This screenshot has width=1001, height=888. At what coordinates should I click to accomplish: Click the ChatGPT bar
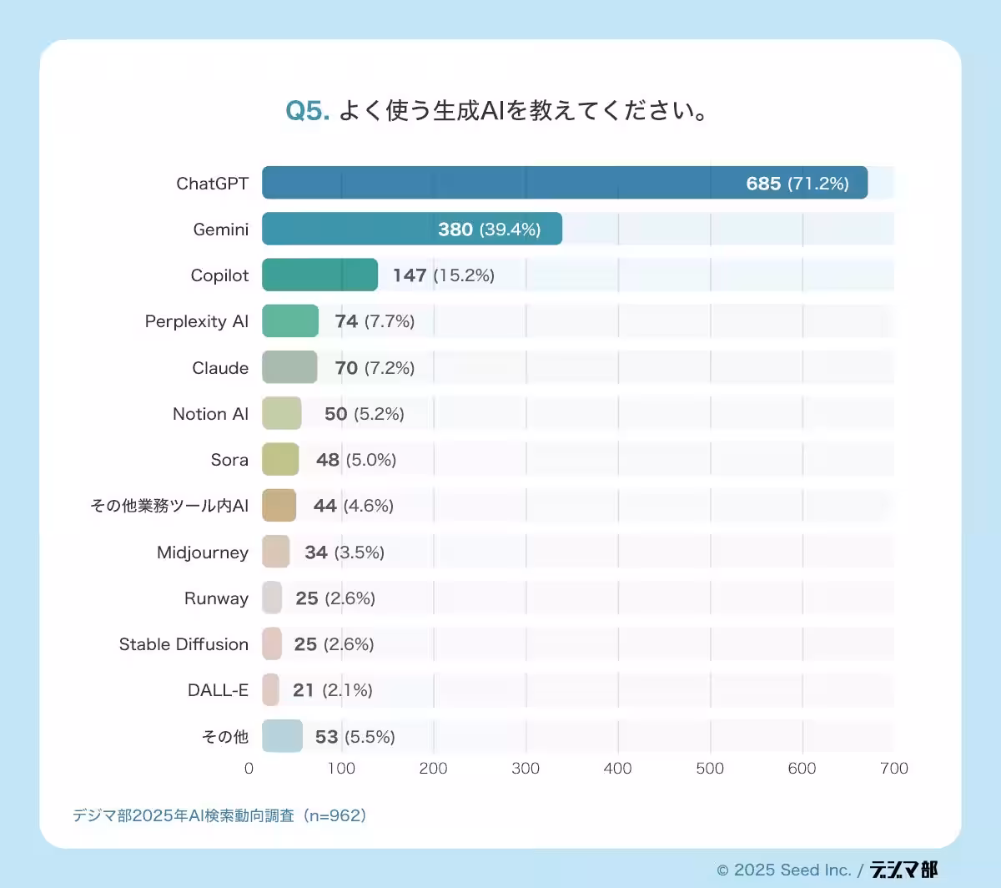pos(564,183)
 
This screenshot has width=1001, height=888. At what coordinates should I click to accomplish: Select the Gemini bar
pos(411,229)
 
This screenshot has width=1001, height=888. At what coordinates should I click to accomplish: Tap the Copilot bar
pos(319,275)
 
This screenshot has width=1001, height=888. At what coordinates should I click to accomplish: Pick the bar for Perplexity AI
pos(290,321)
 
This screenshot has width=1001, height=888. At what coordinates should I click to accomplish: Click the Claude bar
pos(289,367)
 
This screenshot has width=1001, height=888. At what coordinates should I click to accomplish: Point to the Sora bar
pos(280,459)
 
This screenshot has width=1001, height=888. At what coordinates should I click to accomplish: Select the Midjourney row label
pos(203,552)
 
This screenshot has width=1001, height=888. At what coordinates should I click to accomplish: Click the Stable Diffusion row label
pos(184,644)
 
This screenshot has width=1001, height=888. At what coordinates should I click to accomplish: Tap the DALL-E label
pos(218,690)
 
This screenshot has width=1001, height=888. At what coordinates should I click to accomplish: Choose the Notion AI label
pos(210,414)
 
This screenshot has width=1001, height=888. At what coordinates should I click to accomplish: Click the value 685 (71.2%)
pos(797,184)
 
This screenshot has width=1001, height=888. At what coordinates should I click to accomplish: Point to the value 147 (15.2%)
pos(443,275)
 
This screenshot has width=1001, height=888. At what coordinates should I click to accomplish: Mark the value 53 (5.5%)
pos(355,737)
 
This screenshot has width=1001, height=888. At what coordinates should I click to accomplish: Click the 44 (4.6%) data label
pos(353,506)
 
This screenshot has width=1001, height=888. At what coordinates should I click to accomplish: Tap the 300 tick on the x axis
pos(526,768)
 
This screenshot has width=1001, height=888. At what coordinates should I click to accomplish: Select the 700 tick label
pos(893,768)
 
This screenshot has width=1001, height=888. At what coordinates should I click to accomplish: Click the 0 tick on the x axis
pos(249,768)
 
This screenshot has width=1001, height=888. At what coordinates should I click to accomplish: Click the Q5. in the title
pos(308,111)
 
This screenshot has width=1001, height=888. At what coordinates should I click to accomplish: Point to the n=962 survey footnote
pos(219,815)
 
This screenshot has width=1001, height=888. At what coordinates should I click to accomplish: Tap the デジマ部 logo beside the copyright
pos(903,870)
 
